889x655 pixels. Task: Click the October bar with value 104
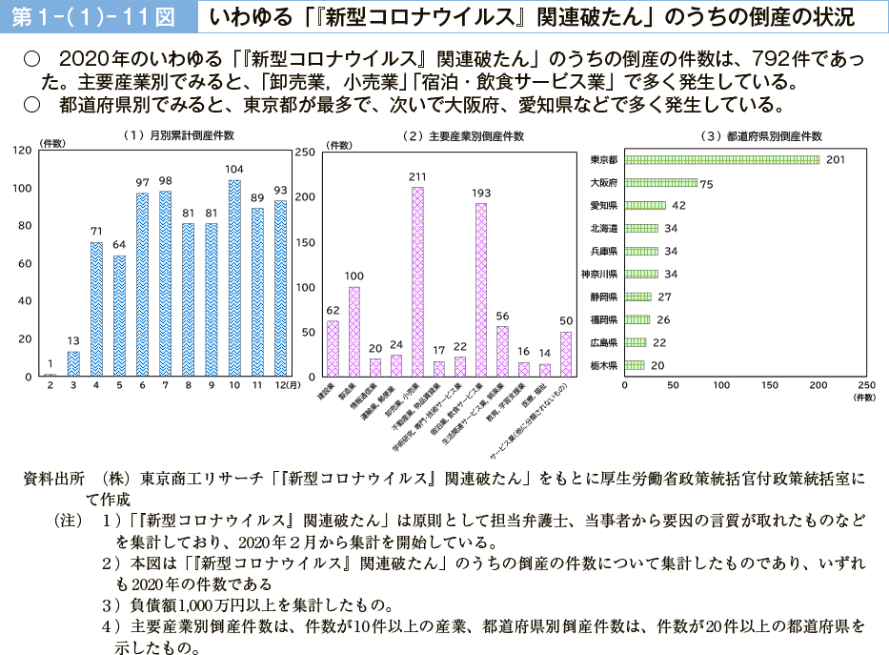pos(234,277)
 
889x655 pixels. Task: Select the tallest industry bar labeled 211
pos(417,281)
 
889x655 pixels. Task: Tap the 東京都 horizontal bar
pos(721,159)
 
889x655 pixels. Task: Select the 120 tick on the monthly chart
pos(22,151)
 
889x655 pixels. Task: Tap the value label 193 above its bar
pos(481,193)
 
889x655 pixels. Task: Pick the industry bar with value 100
pos(354,331)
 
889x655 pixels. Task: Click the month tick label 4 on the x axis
pos(96,385)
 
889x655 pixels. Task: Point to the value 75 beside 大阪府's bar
pos(707,183)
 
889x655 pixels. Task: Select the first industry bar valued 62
pos(333,348)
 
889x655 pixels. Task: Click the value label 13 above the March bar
pos(73,340)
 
